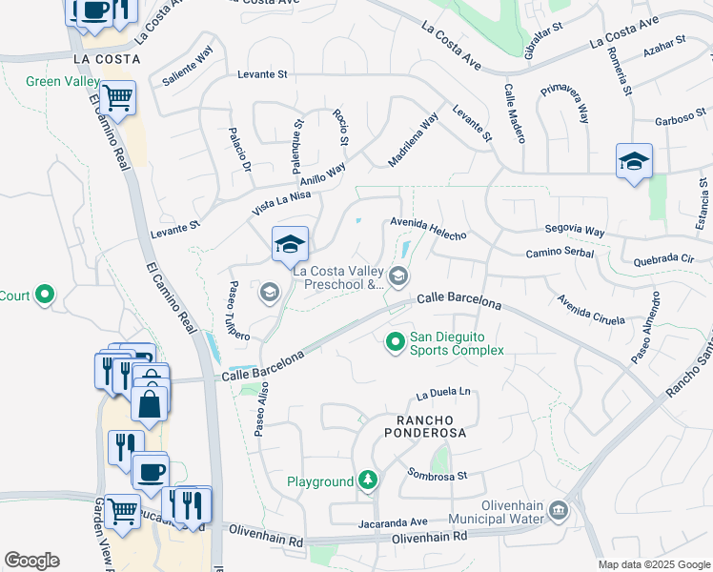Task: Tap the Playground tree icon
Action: coord(368,481)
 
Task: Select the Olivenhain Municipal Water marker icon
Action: coord(559,513)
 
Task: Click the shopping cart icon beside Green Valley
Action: coord(117,97)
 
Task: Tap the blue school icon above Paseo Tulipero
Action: coord(290,246)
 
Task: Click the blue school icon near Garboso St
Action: coord(633,161)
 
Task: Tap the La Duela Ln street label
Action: coord(443,392)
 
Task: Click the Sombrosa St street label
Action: coord(437,474)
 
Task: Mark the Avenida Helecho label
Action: coord(427,229)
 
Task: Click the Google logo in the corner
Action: coord(31,561)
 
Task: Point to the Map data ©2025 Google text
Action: coord(653,564)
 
